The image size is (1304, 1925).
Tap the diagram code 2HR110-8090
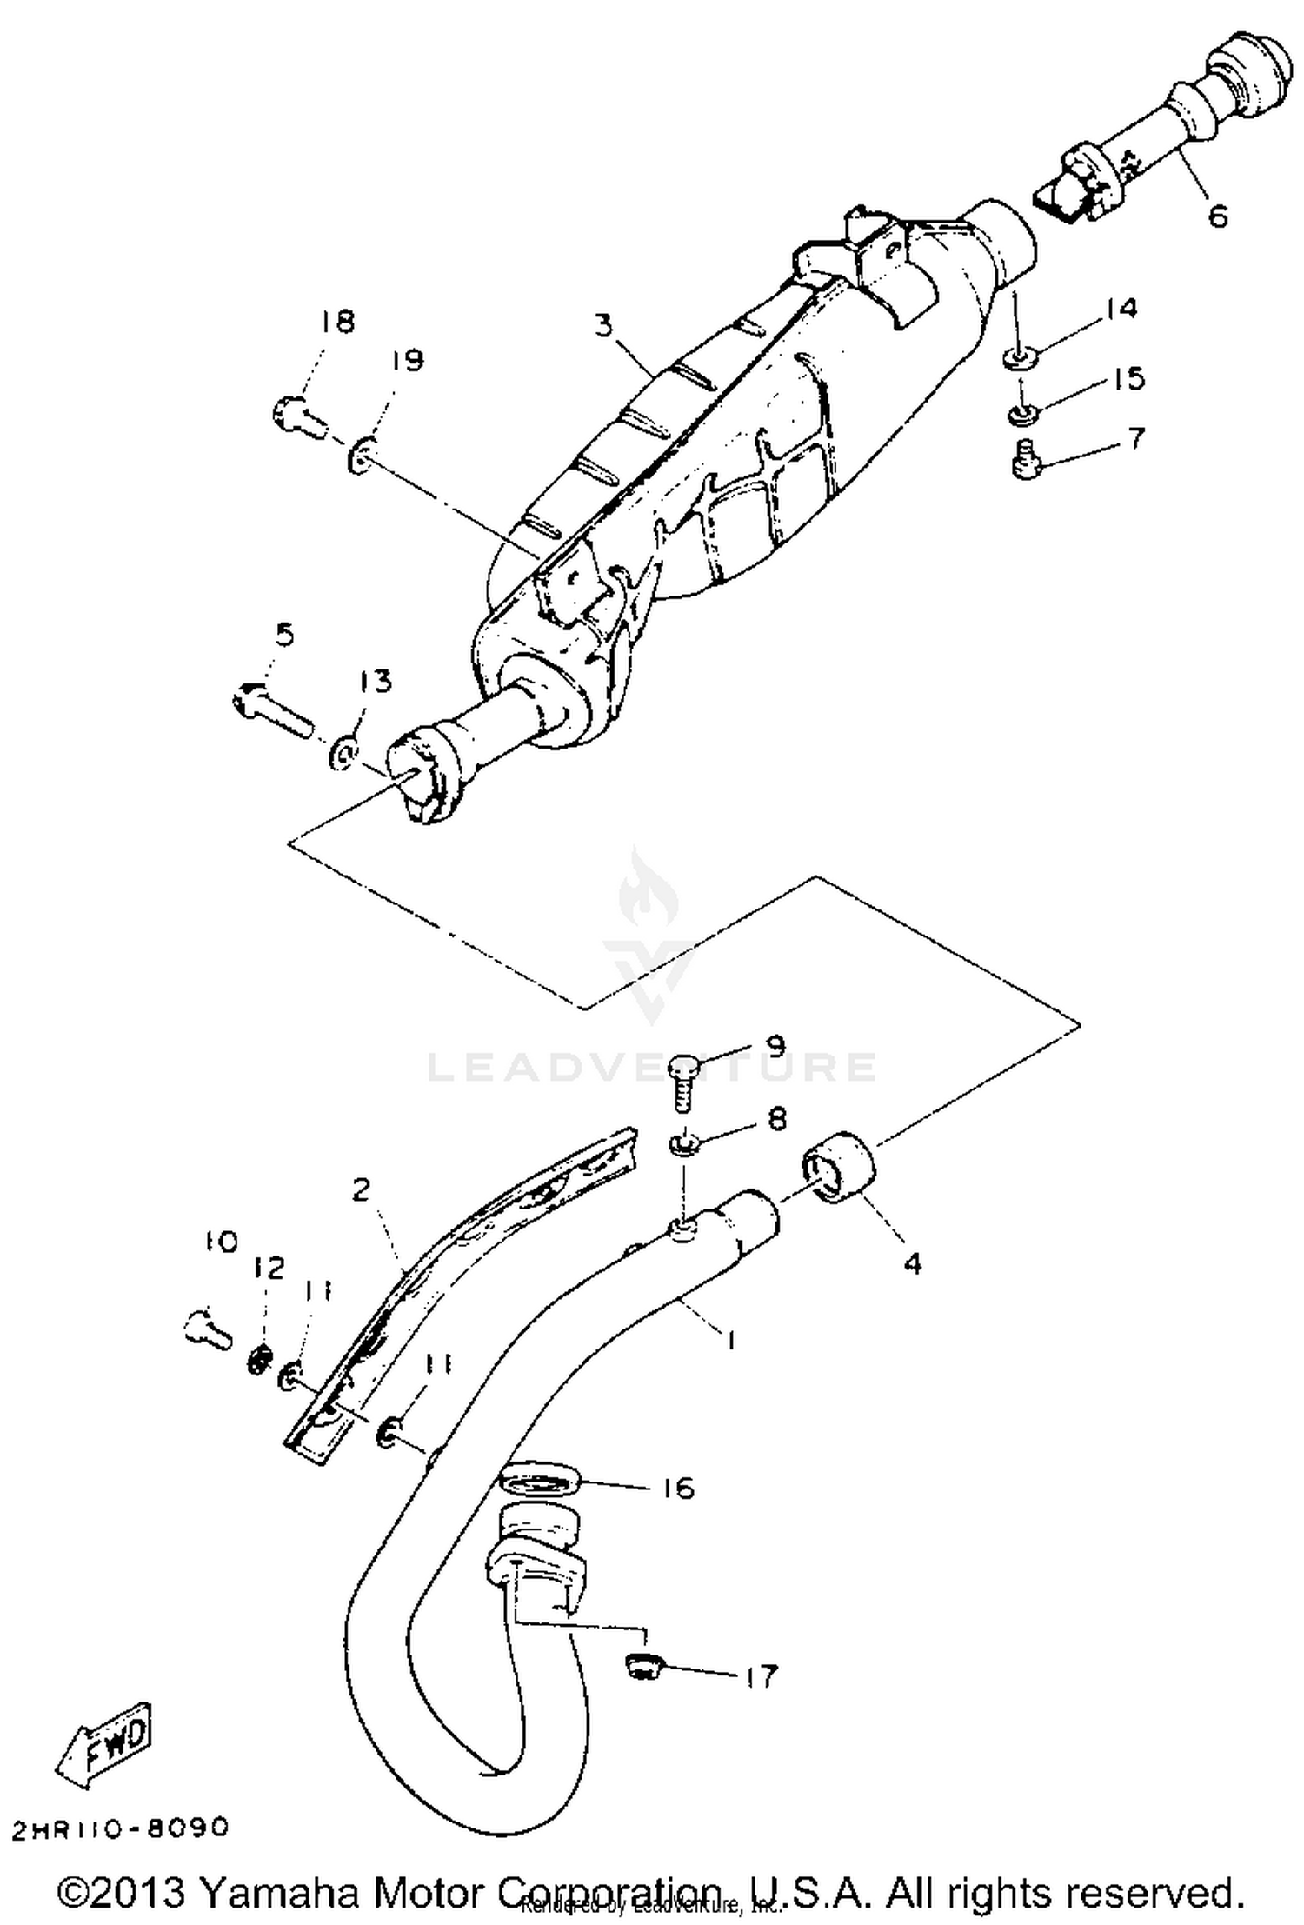[120, 1828]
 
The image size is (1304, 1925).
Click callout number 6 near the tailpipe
[1219, 215]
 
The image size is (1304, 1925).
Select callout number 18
[337, 322]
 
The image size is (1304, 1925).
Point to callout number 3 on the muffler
[605, 327]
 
